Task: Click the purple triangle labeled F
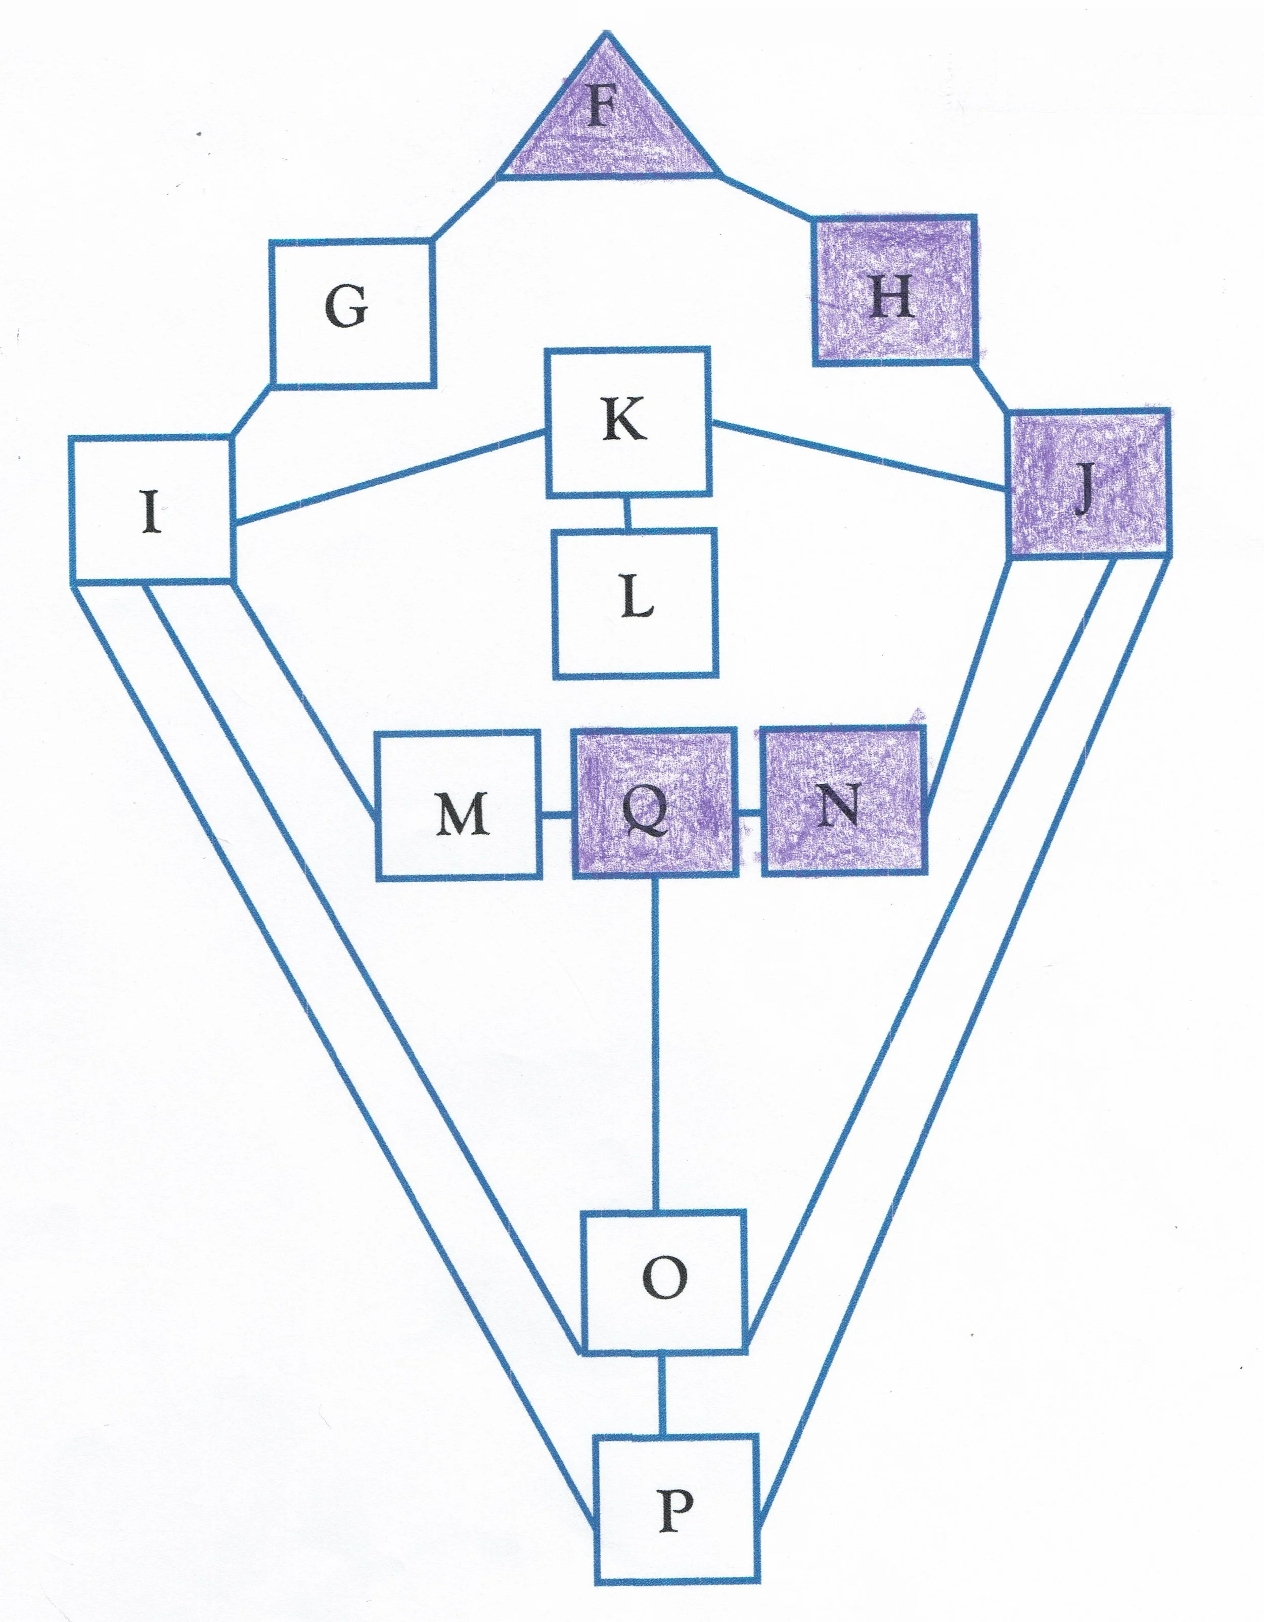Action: (608, 122)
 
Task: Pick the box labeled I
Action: (151, 508)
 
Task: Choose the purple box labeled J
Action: (1089, 483)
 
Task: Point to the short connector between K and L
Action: (627, 513)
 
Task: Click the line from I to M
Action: (304, 698)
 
